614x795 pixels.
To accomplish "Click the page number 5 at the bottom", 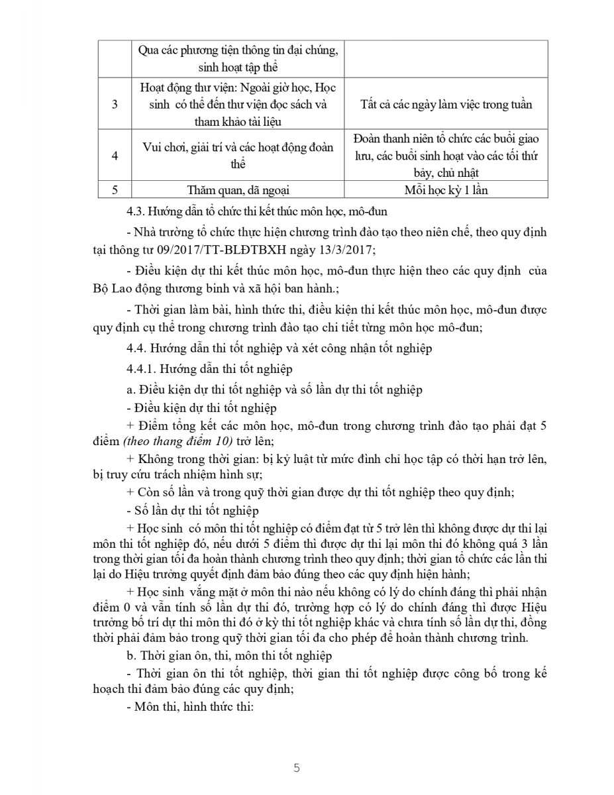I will [297, 768].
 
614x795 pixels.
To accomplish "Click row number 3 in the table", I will [115, 104].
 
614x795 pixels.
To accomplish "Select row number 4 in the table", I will [115, 156].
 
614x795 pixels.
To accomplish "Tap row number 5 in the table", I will [115, 189].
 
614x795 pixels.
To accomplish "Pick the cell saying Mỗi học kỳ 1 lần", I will [446, 189].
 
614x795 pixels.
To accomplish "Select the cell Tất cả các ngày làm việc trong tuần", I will [446, 104].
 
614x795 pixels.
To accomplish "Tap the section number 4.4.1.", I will [141, 369].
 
